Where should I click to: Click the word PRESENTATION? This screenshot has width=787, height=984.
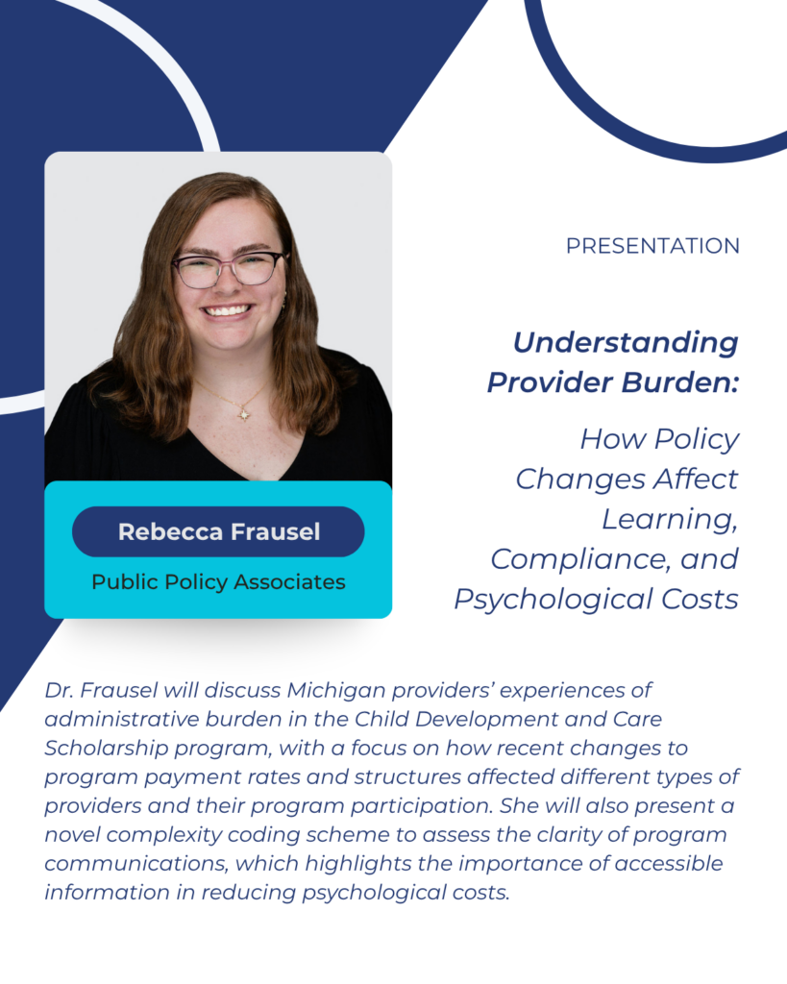click(x=652, y=245)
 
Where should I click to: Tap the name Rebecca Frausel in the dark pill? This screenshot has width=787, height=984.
click(x=219, y=531)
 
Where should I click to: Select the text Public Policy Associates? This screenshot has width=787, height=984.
click(x=218, y=581)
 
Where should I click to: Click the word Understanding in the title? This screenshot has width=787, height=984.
click(x=626, y=343)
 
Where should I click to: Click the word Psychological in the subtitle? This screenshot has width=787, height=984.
click(x=553, y=600)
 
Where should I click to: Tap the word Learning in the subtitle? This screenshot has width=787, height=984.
click(x=670, y=520)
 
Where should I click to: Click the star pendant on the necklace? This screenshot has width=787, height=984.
click(x=244, y=414)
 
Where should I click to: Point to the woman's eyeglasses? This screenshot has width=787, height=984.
click(x=229, y=269)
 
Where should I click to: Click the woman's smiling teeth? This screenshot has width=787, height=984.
click(x=228, y=310)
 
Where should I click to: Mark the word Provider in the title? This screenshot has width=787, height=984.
click(x=550, y=382)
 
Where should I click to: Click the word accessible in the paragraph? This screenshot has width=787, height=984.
click(x=669, y=864)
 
